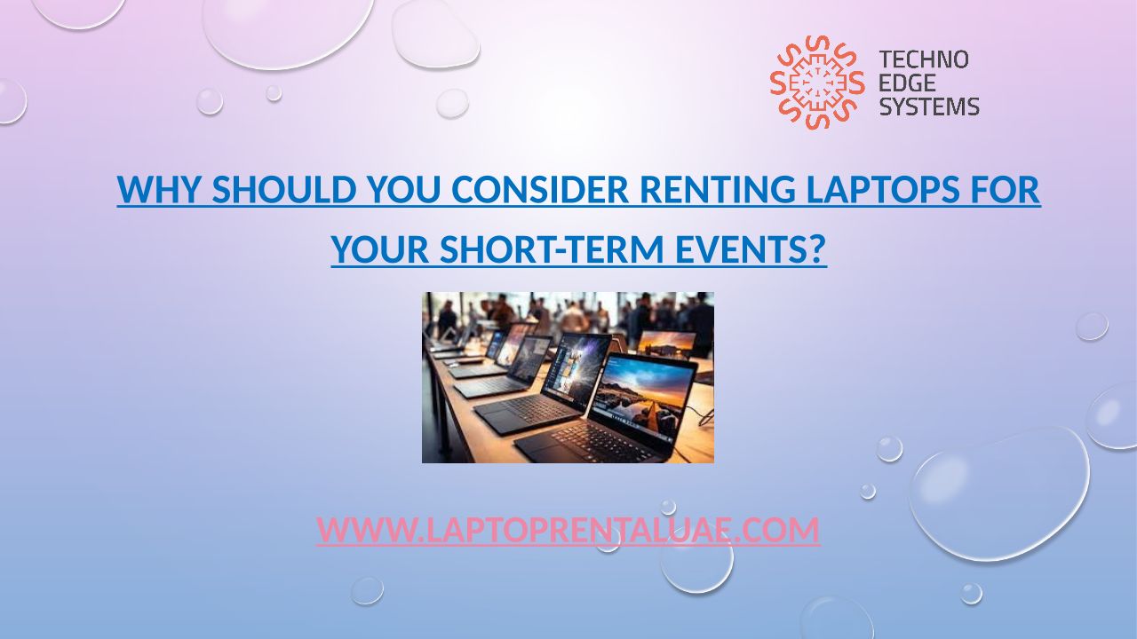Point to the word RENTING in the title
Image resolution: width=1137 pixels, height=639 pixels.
[718, 189]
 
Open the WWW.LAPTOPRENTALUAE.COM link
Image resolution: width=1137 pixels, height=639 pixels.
[568, 530]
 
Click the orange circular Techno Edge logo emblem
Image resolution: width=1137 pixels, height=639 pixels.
[817, 83]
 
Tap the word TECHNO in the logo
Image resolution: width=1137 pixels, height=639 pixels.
[924, 59]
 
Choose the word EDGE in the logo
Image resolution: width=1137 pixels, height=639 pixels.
[907, 83]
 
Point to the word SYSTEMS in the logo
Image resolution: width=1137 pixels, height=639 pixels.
[929, 106]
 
